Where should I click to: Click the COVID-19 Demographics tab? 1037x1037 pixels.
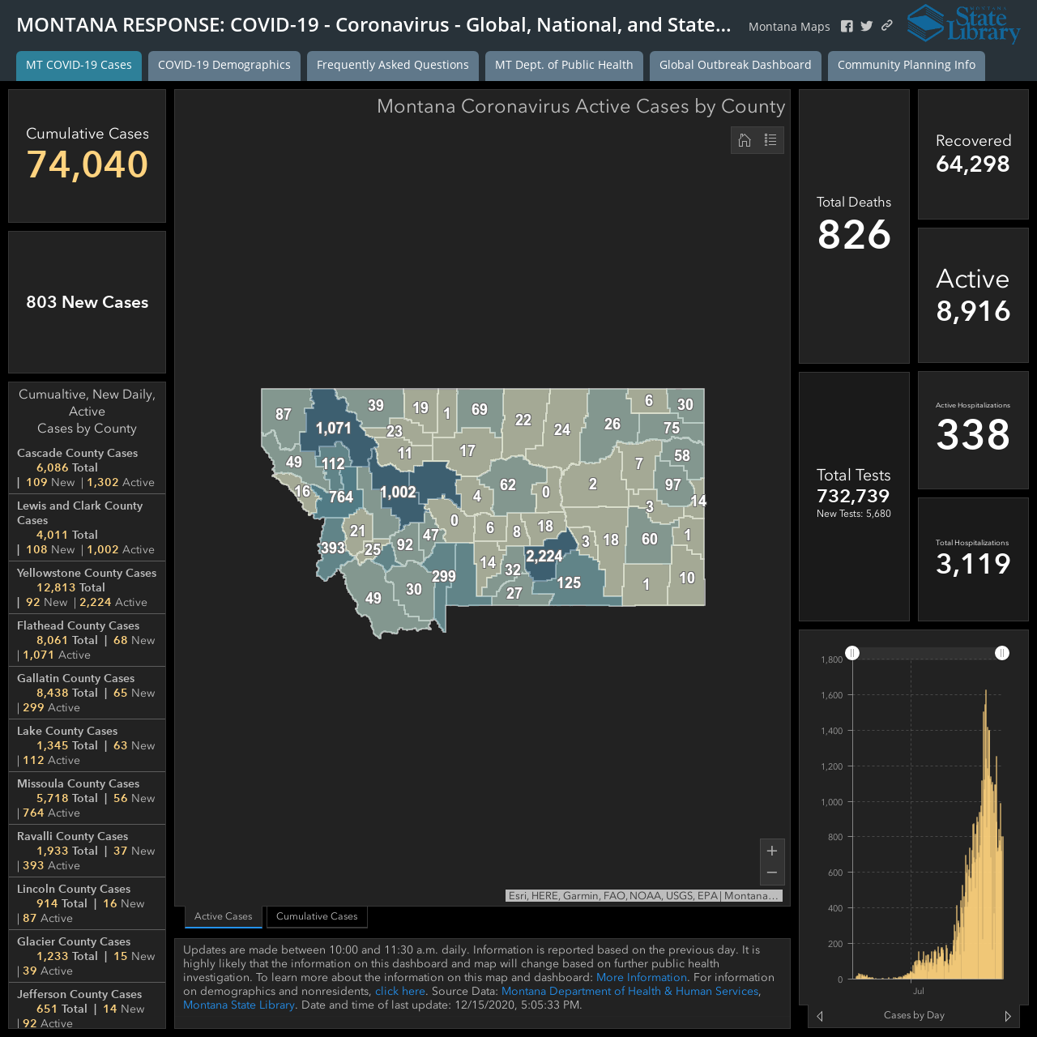click(224, 65)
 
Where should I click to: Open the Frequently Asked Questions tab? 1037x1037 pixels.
click(392, 65)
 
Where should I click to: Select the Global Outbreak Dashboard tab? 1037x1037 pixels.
click(735, 65)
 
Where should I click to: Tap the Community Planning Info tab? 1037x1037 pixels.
click(907, 65)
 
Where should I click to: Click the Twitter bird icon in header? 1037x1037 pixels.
click(866, 26)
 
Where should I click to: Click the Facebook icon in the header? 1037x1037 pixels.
click(847, 27)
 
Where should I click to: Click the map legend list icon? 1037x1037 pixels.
click(770, 140)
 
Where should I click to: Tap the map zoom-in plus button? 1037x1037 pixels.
click(772, 851)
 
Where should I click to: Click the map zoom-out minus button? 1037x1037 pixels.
click(772, 873)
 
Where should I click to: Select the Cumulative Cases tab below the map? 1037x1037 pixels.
click(317, 916)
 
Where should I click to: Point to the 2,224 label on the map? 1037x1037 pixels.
click(544, 556)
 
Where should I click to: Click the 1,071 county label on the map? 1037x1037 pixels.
click(334, 429)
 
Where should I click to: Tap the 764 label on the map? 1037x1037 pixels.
click(341, 497)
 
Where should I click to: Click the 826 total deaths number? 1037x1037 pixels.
click(854, 235)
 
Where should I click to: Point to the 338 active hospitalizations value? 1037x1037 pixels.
click(973, 434)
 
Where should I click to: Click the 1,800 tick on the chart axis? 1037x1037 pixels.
click(831, 659)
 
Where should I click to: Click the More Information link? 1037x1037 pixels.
click(642, 977)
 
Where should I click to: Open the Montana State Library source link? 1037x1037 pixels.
click(238, 1005)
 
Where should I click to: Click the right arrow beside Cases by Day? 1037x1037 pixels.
click(1007, 1016)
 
